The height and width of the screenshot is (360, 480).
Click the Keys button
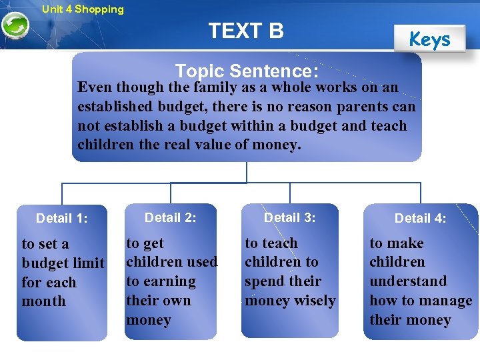coord(429,40)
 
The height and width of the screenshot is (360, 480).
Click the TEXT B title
coord(246,31)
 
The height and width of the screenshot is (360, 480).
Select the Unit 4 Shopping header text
coord(83,9)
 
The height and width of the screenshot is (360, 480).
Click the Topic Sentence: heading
coord(247,71)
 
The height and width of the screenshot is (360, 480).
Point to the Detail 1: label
coord(62,218)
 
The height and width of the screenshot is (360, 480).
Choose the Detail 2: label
coord(171,217)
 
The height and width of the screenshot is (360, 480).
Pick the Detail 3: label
coord(290,217)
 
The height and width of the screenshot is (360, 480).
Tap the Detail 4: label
coord(421,218)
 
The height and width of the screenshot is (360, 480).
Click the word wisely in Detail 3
coord(315,301)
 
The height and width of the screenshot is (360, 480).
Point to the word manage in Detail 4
coord(448,301)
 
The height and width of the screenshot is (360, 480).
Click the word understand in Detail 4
coord(408,281)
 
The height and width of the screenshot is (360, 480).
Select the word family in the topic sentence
coord(213,87)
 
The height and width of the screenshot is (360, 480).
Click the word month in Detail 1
coord(44,301)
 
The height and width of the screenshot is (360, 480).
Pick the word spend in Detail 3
coord(263,281)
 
